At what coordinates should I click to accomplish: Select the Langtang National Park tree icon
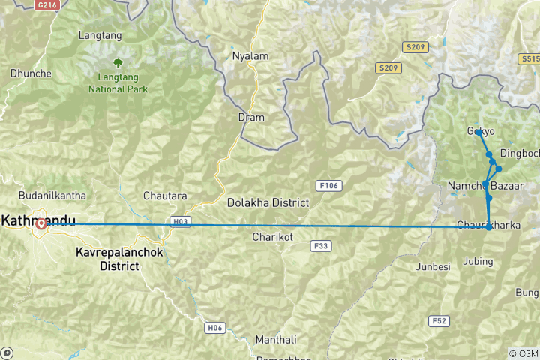(117, 63)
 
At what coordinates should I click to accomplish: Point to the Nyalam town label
(250, 56)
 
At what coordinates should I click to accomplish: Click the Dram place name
(251, 117)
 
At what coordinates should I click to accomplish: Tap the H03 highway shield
(180, 221)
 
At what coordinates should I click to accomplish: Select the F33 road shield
(321, 245)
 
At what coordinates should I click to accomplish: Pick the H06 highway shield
(214, 327)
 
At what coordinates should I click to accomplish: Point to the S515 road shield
(529, 58)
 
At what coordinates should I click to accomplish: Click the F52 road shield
(440, 320)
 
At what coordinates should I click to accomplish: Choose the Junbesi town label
(432, 266)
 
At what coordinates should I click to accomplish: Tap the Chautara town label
(165, 196)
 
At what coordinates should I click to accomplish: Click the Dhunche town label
(30, 73)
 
